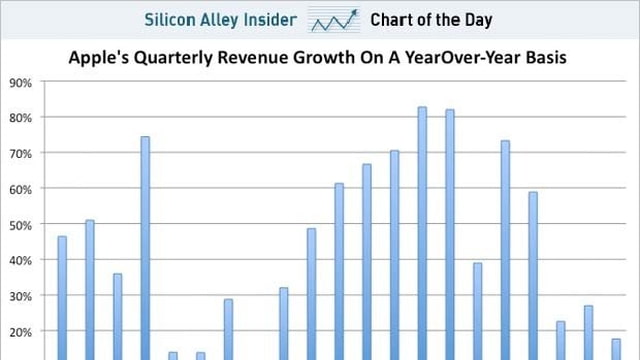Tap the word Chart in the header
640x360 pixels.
[x=391, y=19]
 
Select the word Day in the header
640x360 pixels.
[x=477, y=19]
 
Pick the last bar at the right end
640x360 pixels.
[x=616, y=349]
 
